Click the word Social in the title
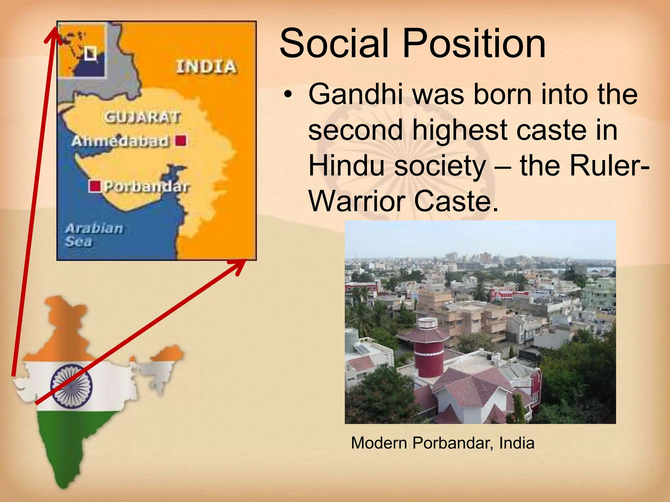[x=334, y=43]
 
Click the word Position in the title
[x=474, y=43]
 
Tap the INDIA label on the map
[x=206, y=67]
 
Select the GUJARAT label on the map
[x=142, y=117]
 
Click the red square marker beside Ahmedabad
[x=181, y=141]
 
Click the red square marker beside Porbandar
[x=95, y=186]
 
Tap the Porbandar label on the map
[x=146, y=187]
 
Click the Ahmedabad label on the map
[x=120, y=141]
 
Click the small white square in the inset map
[x=90, y=53]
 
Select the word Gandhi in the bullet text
[x=356, y=94]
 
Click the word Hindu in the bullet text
[x=346, y=166]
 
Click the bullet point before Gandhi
[x=288, y=95]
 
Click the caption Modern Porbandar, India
[x=442, y=443]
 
